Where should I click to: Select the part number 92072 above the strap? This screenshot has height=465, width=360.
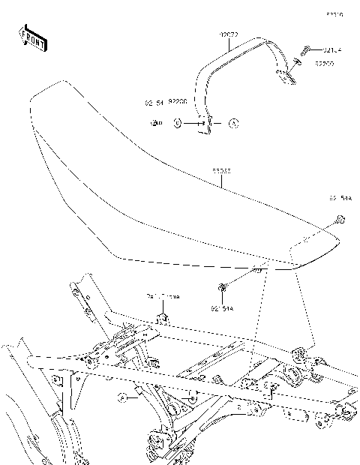point(228,34)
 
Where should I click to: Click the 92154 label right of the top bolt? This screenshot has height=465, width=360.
point(332,51)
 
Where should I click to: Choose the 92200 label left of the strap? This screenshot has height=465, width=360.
point(178,100)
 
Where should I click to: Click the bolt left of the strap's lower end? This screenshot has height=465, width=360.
point(155,122)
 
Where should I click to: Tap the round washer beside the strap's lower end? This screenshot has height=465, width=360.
point(176,122)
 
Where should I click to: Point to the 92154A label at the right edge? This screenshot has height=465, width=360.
point(340,199)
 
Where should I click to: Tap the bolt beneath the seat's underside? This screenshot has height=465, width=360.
point(223,286)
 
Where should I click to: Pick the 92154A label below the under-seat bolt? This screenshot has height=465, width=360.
point(223,307)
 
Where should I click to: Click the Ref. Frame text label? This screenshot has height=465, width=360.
point(160,297)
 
